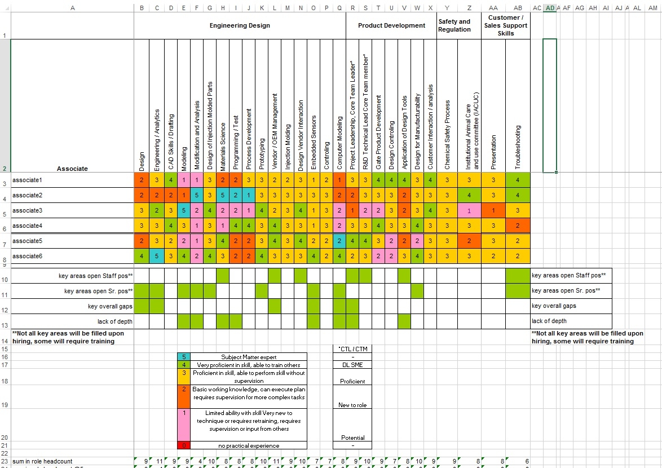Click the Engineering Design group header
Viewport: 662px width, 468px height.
point(240,25)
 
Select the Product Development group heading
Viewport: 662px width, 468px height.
point(391,25)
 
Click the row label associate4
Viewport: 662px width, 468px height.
point(28,226)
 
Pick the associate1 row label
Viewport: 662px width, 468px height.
point(28,180)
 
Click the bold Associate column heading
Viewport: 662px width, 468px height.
point(72,169)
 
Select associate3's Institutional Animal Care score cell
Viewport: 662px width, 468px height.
point(469,210)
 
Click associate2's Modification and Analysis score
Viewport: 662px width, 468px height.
point(196,195)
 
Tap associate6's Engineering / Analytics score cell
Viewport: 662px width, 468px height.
point(156,256)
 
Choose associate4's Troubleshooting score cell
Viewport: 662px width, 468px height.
point(518,226)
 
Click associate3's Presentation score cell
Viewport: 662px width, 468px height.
point(493,210)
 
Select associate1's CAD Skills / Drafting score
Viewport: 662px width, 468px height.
point(170,180)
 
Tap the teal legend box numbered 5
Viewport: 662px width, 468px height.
point(184,357)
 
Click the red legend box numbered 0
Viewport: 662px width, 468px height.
point(184,445)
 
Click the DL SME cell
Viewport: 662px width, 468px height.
point(352,365)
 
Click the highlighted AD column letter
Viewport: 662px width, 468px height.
point(550,8)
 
